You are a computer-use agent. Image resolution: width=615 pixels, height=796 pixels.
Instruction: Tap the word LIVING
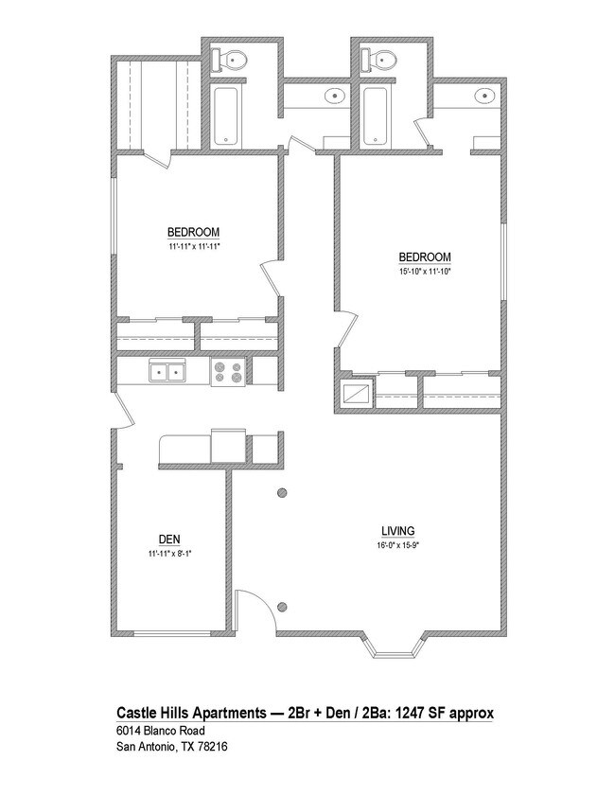click(x=397, y=531)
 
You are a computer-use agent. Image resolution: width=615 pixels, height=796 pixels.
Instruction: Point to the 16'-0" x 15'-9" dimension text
click(x=397, y=545)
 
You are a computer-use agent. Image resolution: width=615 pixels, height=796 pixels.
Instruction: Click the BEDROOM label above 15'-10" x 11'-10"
click(x=424, y=257)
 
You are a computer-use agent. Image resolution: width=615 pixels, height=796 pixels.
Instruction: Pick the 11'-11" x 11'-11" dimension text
click(x=194, y=246)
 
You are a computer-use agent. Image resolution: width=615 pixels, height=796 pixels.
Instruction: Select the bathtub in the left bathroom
click(x=226, y=116)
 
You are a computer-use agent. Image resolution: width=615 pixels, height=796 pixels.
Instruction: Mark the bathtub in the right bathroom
click(x=376, y=116)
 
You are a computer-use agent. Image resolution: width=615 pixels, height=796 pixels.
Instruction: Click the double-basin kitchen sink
click(x=167, y=372)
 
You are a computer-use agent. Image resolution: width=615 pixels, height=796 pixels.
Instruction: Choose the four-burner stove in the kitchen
click(x=227, y=372)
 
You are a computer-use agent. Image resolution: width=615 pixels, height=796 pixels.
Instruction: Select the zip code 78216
click(x=210, y=747)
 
